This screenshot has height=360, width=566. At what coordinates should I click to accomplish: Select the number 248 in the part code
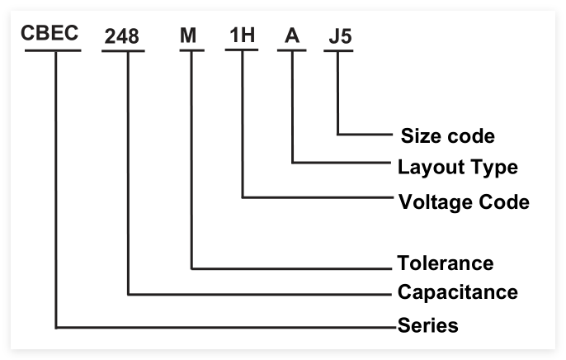pos(122,37)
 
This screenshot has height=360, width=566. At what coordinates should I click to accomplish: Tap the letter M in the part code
pos(191,37)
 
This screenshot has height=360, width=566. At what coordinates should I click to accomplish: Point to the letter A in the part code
pos(292,36)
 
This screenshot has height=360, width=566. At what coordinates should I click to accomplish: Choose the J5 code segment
pos(337,36)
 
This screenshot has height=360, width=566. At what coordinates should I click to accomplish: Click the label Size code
pos(447,135)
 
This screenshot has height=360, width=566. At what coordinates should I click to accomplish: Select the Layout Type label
pos(458,168)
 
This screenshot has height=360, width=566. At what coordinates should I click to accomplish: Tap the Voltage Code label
pos(464,201)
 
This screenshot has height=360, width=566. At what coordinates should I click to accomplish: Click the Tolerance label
pos(446,263)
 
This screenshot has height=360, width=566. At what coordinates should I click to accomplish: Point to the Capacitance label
pos(458,291)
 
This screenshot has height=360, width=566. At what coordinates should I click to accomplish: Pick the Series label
pos(427,324)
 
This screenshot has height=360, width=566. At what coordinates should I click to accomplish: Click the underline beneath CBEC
pos(53,50)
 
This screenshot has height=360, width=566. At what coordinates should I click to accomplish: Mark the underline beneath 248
pos(123,51)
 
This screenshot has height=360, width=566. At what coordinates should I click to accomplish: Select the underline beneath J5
pos(338,50)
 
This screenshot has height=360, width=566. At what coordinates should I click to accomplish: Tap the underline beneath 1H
pos(242,50)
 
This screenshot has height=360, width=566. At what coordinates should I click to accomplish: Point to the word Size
pos(419,135)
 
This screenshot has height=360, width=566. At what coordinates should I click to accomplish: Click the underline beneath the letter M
pos(191,50)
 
